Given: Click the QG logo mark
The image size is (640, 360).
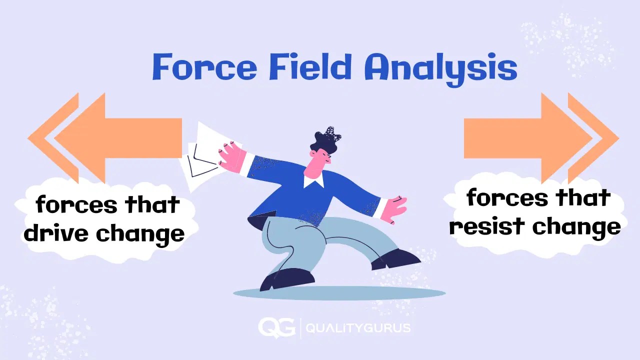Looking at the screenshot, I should (x=276, y=327).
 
